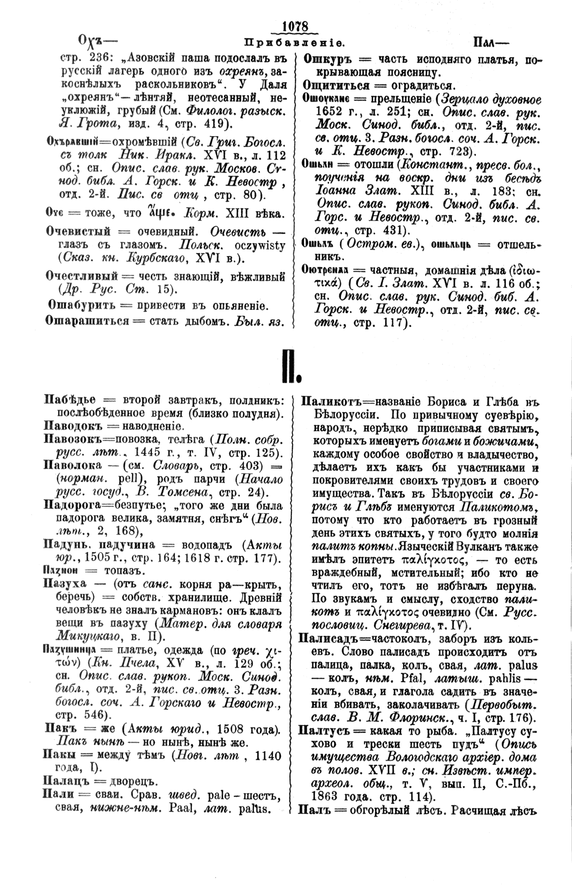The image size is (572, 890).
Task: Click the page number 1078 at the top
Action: [295, 26]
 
